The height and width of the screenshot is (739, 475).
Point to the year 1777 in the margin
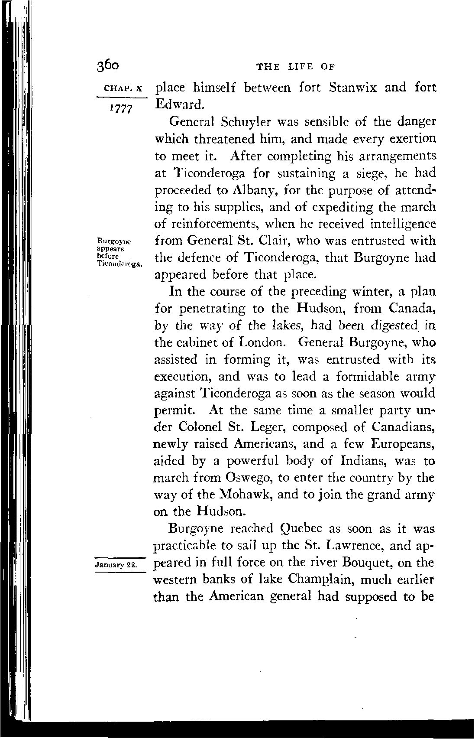(120, 108)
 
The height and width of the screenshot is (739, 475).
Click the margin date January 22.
(115, 565)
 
